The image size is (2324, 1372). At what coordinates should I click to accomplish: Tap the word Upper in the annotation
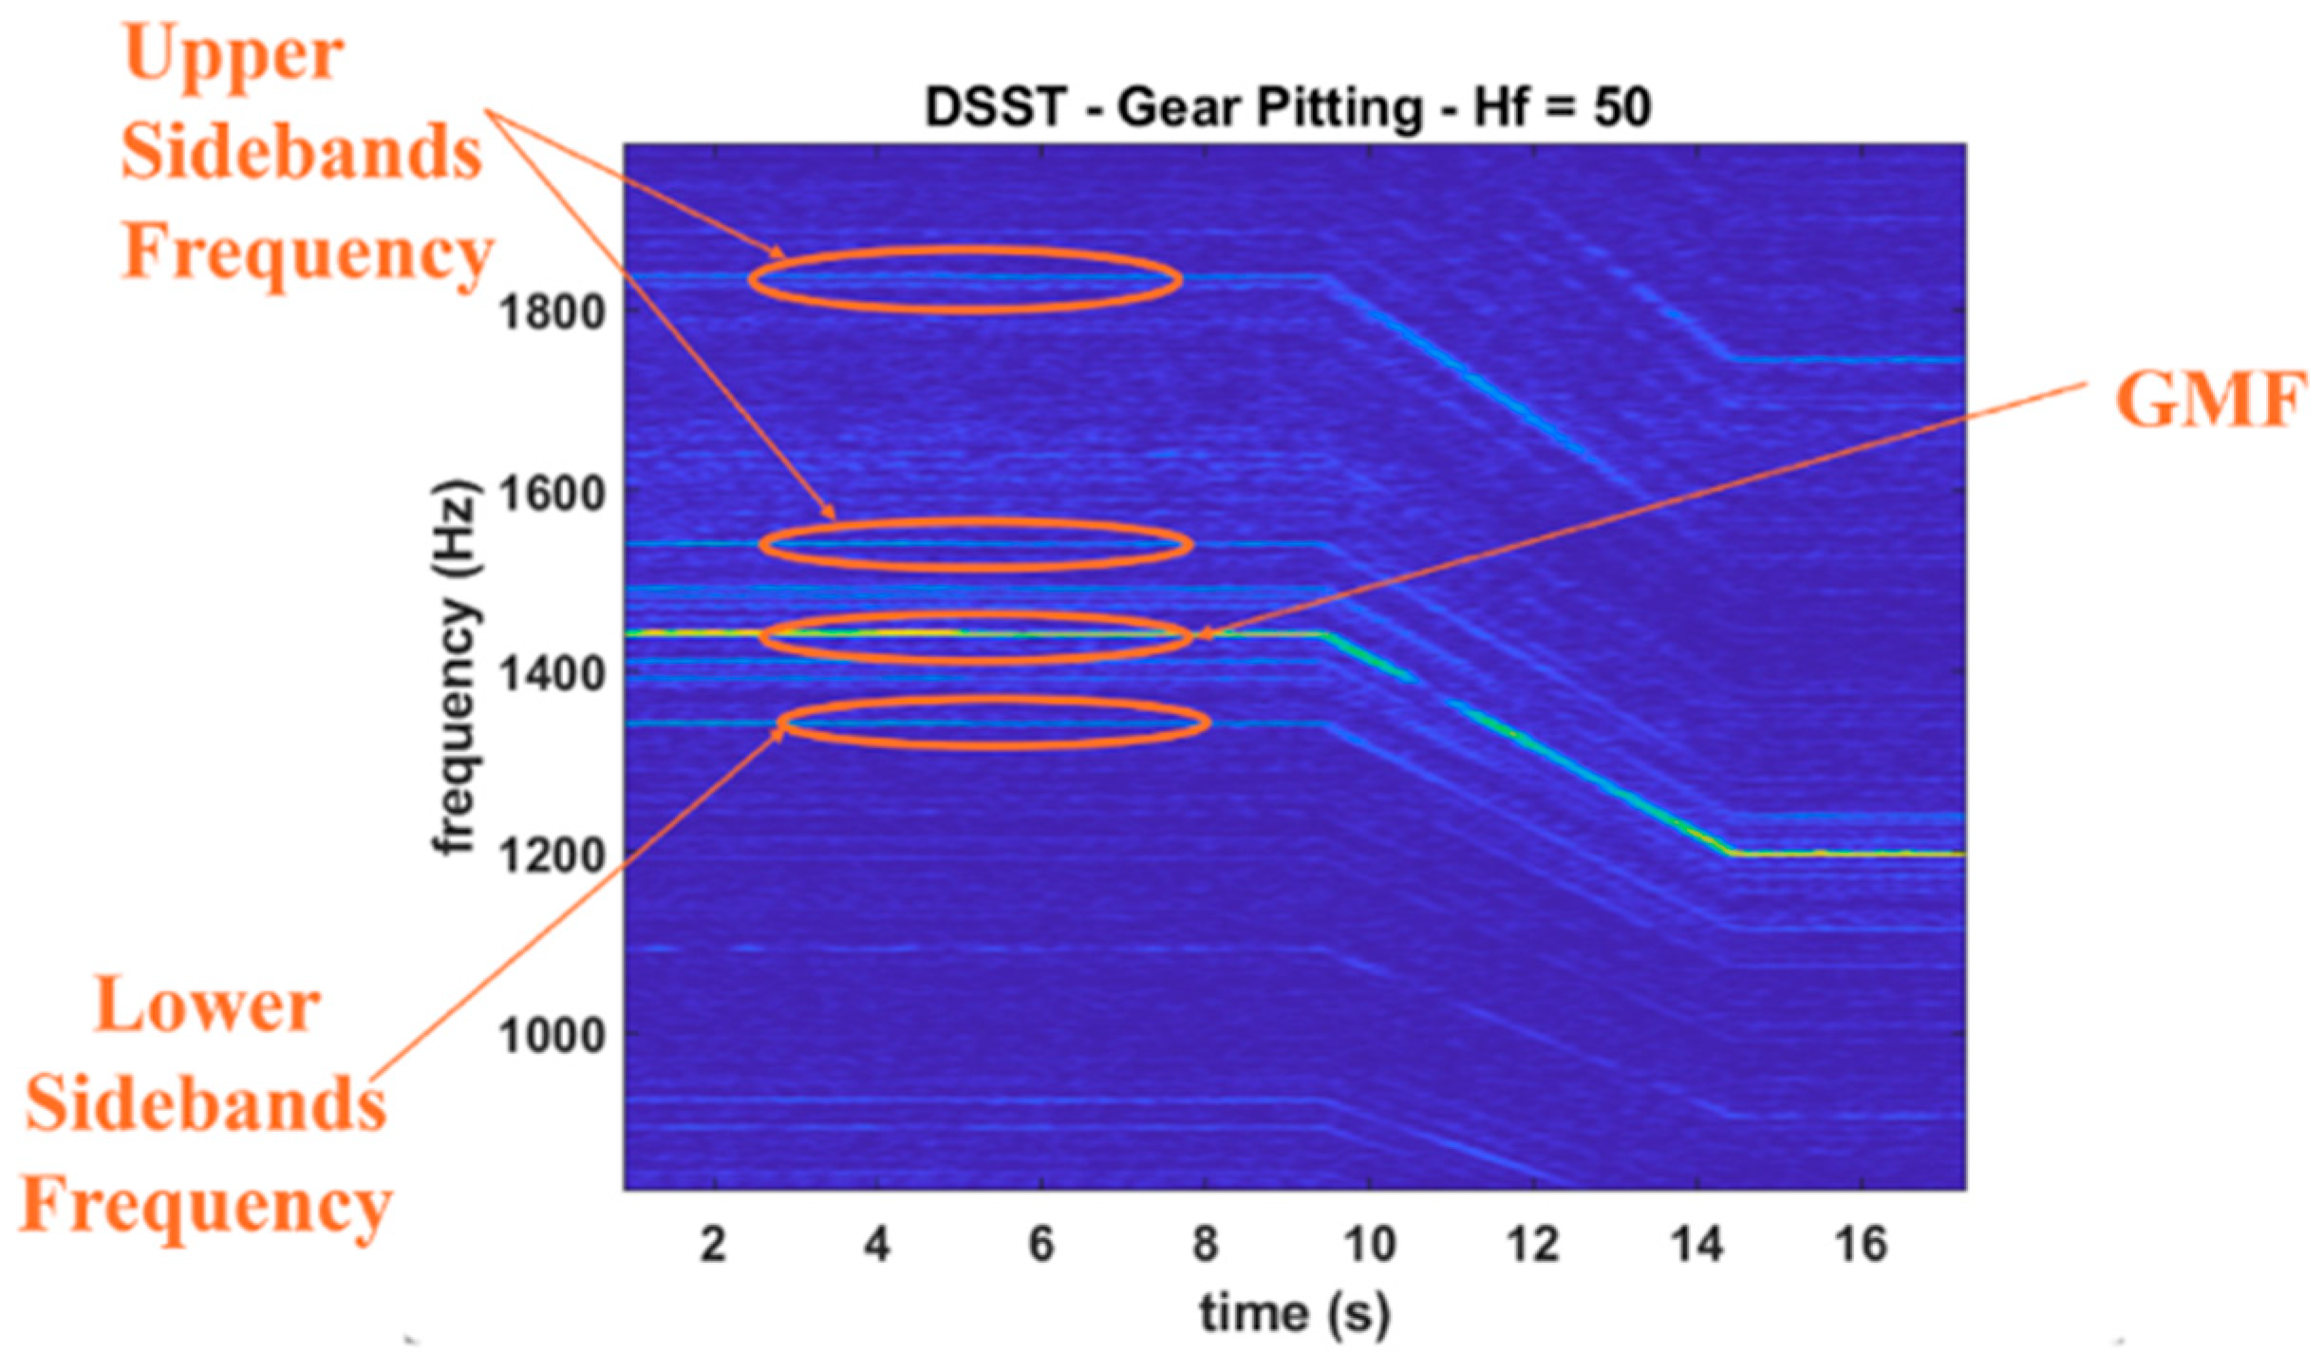[234, 55]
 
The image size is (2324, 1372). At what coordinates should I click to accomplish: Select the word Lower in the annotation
[207, 1006]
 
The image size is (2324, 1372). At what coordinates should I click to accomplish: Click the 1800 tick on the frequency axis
[552, 311]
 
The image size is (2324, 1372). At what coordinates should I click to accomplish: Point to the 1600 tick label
[552, 493]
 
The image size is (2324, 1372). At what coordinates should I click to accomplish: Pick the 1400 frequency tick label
[552, 674]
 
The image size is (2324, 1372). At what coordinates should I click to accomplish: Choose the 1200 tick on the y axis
[552, 855]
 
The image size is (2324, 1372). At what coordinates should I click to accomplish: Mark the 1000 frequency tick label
[552, 1035]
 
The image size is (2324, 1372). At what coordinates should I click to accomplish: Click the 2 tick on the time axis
[713, 1244]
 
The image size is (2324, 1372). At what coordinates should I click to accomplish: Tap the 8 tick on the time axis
[1205, 1244]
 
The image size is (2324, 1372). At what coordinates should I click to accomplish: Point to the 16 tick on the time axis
[1861, 1244]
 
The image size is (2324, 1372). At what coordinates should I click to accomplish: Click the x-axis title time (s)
[1294, 1314]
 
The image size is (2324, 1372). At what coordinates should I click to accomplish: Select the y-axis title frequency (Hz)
[457, 669]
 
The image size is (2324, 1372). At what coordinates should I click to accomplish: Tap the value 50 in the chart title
[1621, 106]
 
